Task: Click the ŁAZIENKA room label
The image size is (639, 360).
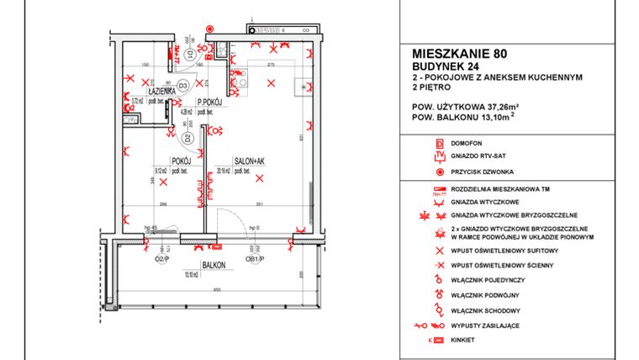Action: [x=161, y=90]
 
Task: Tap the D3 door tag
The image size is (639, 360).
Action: [x=182, y=84]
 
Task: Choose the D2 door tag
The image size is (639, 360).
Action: [x=189, y=135]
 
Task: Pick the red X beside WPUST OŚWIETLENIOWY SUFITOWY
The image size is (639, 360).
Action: [x=438, y=251]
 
